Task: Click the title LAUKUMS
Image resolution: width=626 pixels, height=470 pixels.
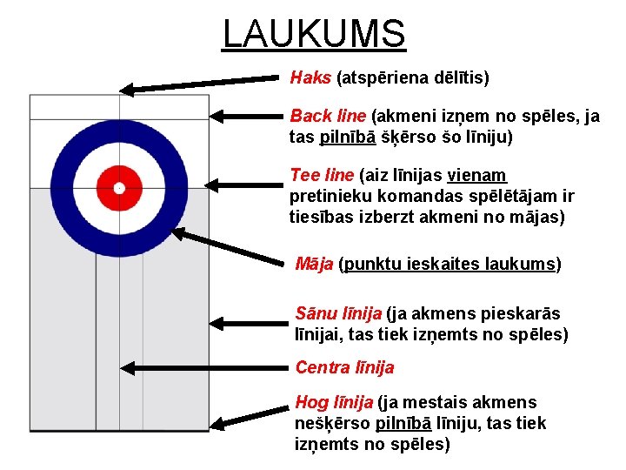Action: [x=314, y=35]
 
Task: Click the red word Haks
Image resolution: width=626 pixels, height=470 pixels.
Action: [x=310, y=78]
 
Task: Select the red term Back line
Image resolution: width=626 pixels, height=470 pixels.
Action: [x=328, y=116]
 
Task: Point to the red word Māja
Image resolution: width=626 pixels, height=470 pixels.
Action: [x=314, y=264]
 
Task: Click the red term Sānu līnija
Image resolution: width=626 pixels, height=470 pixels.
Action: [x=339, y=313]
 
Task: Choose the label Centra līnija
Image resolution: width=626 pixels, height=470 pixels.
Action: [x=344, y=367]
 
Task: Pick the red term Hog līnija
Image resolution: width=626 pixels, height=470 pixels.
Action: [x=334, y=402]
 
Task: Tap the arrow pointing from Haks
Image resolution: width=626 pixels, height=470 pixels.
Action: [x=204, y=84]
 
